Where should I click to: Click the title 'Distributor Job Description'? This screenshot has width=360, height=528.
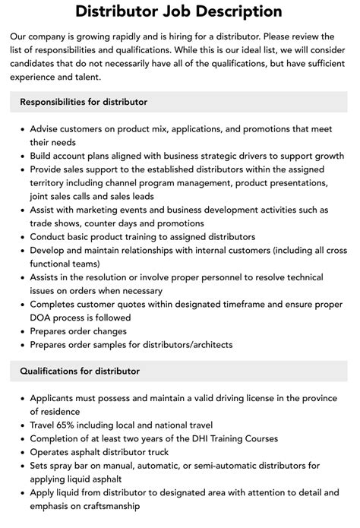point(179,11)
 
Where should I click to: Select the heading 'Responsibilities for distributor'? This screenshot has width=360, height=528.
point(84,101)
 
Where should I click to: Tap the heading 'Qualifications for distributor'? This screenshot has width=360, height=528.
point(80,371)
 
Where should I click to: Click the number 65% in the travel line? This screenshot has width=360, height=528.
point(72,424)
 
